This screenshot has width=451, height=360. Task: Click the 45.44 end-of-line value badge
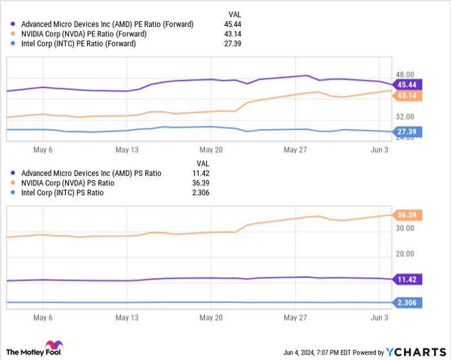pyautogui.click(x=407, y=85)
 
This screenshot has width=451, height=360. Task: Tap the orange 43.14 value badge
pyautogui.click(x=407, y=96)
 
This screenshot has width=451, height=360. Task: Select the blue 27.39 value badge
pyautogui.click(x=407, y=131)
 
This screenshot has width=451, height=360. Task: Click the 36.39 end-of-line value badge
pyautogui.click(x=407, y=215)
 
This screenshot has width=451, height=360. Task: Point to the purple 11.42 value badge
pyautogui.click(x=407, y=279)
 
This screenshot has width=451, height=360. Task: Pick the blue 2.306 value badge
pyautogui.click(x=407, y=302)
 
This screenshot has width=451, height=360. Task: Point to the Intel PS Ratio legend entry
pyautogui.click(x=62, y=193)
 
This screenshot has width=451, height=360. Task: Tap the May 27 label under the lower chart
pyautogui.click(x=296, y=318)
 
